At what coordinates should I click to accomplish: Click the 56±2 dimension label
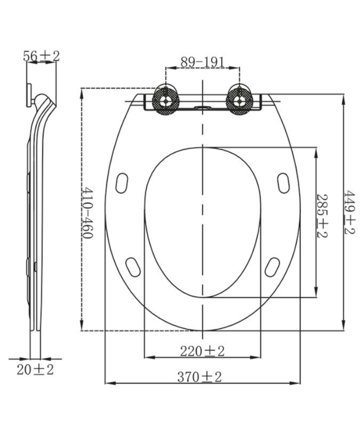(x=41, y=56)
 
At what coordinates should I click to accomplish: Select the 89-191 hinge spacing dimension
(x=202, y=62)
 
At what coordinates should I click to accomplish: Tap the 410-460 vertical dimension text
(x=87, y=213)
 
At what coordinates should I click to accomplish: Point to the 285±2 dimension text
(x=322, y=216)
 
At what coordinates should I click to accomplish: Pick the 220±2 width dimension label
(x=201, y=351)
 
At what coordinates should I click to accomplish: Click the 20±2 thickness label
(x=35, y=369)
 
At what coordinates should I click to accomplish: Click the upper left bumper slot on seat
(x=122, y=183)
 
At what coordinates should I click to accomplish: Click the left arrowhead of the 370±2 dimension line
(x=108, y=383)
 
